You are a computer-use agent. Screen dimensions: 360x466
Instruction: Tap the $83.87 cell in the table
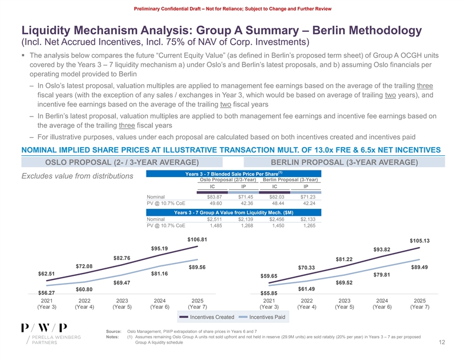click(x=206, y=196)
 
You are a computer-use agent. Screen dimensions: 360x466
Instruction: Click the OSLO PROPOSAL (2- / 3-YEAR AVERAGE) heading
click(x=121, y=162)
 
